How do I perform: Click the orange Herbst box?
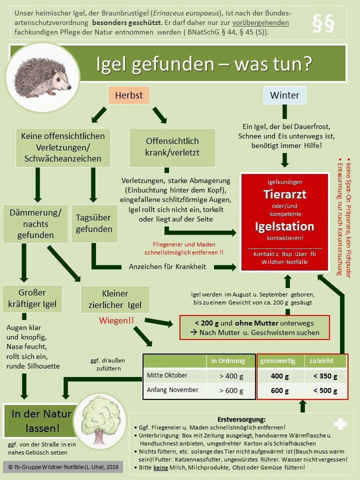[x=129, y=95]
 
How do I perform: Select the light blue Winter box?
[x=284, y=95]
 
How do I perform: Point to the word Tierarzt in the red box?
[x=284, y=194]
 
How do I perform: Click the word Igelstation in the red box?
[x=284, y=226]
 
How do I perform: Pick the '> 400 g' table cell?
[x=231, y=375]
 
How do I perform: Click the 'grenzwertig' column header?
[x=278, y=361]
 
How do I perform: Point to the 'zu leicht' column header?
[x=321, y=361]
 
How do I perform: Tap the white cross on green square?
[x=340, y=424]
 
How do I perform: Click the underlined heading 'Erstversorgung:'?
[x=241, y=419]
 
